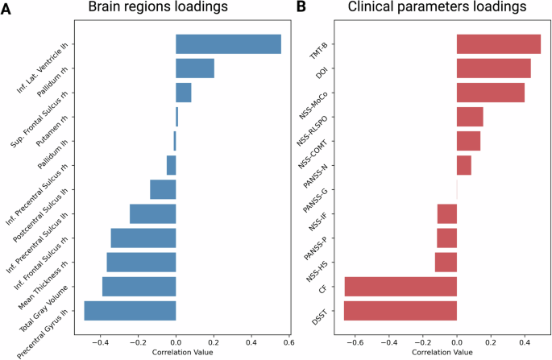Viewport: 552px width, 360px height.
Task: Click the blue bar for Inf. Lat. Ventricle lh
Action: (x=228, y=44)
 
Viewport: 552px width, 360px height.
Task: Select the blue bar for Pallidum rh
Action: (x=195, y=68)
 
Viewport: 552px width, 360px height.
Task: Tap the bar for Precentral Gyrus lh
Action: (x=130, y=310)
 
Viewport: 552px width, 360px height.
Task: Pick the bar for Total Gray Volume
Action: (x=139, y=286)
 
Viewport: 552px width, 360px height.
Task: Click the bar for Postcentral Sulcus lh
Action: (x=152, y=213)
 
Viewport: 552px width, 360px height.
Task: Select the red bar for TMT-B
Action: (x=498, y=44)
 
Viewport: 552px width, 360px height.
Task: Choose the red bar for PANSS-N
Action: (x=463, y=165)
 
